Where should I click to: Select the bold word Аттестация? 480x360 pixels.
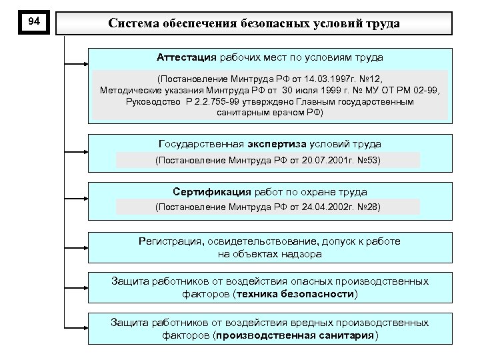click(188, 58)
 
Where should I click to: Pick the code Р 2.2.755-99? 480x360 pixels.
click(203, 102)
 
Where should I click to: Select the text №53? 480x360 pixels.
click(368, 160)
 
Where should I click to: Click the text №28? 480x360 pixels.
click(368, 207)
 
